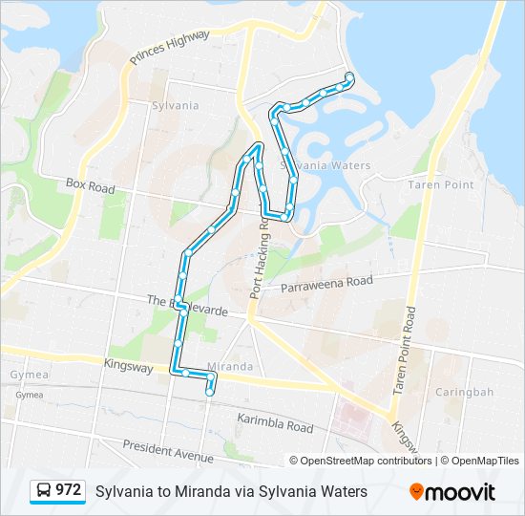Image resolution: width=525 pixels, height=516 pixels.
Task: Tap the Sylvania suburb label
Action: tap(175, 105)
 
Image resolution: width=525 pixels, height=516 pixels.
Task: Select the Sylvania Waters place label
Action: tap(325, 165)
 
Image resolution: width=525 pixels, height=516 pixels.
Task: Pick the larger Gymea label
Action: tap(23, 376)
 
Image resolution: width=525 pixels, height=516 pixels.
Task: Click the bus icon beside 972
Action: tap(43, 490)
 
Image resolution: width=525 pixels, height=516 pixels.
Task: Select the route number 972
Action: tap(69, 490)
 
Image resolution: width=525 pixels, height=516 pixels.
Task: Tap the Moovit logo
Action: tap(452, 491)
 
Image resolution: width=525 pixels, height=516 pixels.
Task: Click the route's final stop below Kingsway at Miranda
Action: tap(210, 392)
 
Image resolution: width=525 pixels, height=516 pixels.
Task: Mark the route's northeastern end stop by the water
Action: tap(350, 76)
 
